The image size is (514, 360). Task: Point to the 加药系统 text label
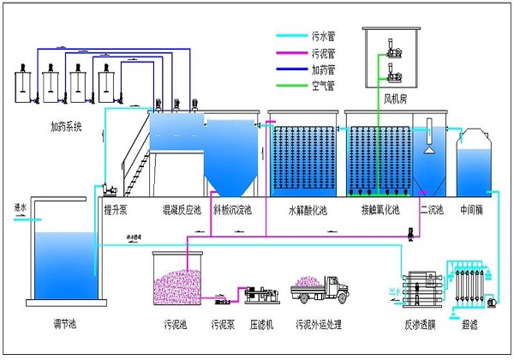tap(68, 128)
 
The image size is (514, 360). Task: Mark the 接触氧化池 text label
tap(380, 209)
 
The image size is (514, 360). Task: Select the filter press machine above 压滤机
tap(262, 295)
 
